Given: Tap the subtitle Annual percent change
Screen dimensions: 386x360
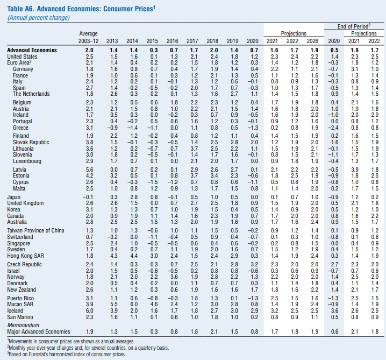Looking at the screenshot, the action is pos(39,18).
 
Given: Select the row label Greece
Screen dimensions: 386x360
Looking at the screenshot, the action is pos(20,128).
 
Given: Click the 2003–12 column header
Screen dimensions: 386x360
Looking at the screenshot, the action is pos(88,41).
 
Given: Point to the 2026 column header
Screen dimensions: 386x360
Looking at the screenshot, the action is pos(312,41).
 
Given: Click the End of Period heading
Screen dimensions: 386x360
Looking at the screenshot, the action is pos(354,26).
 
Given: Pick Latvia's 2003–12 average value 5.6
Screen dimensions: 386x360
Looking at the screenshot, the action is pos(89,170).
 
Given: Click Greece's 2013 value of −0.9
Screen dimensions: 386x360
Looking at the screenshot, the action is pos(112,128).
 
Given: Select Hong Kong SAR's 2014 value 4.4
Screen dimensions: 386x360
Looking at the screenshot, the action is pos(134,256).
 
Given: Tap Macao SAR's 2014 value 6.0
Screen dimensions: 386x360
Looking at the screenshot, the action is pos(134,305).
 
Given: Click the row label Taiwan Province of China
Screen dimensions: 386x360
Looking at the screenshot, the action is pos(35,231).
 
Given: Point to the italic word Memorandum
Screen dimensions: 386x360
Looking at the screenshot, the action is pos(23,325).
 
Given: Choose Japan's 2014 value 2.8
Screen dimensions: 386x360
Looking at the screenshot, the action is pos(134,197).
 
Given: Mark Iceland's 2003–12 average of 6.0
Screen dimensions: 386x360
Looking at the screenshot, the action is pos(89,310).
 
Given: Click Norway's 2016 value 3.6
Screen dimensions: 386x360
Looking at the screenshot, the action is pos(174,277).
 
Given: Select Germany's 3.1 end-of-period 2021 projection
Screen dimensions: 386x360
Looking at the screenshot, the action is pos(354,69).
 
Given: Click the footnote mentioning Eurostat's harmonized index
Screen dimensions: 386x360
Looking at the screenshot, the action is pos(67,354).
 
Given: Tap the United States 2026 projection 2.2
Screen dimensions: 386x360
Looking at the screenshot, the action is pos(314,57).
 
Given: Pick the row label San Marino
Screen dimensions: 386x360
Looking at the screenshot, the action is pos(20,317).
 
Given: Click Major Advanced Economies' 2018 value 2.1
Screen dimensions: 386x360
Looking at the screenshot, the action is pos(214,331).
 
